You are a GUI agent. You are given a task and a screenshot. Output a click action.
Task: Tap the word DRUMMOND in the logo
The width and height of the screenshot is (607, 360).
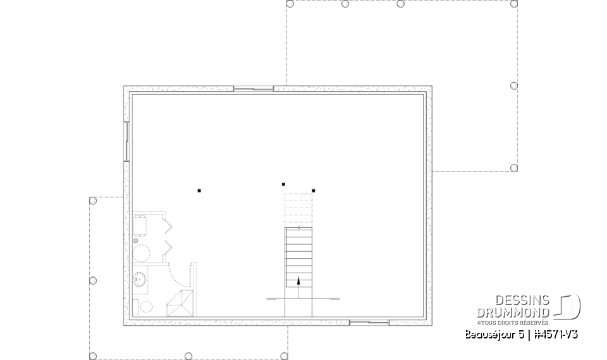point(513,312)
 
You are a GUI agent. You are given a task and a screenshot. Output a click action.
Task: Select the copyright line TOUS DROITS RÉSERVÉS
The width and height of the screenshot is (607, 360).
point(513,322)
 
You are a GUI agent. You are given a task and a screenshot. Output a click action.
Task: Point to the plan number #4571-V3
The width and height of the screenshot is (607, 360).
point(555,335)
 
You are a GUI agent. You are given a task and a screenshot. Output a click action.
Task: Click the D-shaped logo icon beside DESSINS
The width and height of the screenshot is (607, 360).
point(568,306)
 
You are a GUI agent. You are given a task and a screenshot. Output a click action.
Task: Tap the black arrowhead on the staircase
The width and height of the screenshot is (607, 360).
point(298,280)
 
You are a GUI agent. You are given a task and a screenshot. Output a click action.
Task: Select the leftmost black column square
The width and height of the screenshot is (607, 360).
point(199,190)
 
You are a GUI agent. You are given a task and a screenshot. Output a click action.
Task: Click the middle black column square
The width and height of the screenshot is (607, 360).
point(283,184)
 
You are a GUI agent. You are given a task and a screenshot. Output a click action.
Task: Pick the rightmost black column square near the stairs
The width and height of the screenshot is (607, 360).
point(313,190)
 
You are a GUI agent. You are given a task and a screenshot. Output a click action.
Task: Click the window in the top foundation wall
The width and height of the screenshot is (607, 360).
point(254,89)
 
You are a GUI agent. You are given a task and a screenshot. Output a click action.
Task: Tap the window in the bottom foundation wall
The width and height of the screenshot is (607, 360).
point(369,323)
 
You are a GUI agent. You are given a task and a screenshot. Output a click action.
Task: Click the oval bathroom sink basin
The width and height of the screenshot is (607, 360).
point(140,279)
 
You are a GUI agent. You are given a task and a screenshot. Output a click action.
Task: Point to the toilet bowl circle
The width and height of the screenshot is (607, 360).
point(147,307)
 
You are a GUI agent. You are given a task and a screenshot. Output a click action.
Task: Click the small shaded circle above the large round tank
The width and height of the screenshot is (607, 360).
point(136,240)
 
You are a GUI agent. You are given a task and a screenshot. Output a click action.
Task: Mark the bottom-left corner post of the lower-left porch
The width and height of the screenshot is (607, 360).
point(93,356)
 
